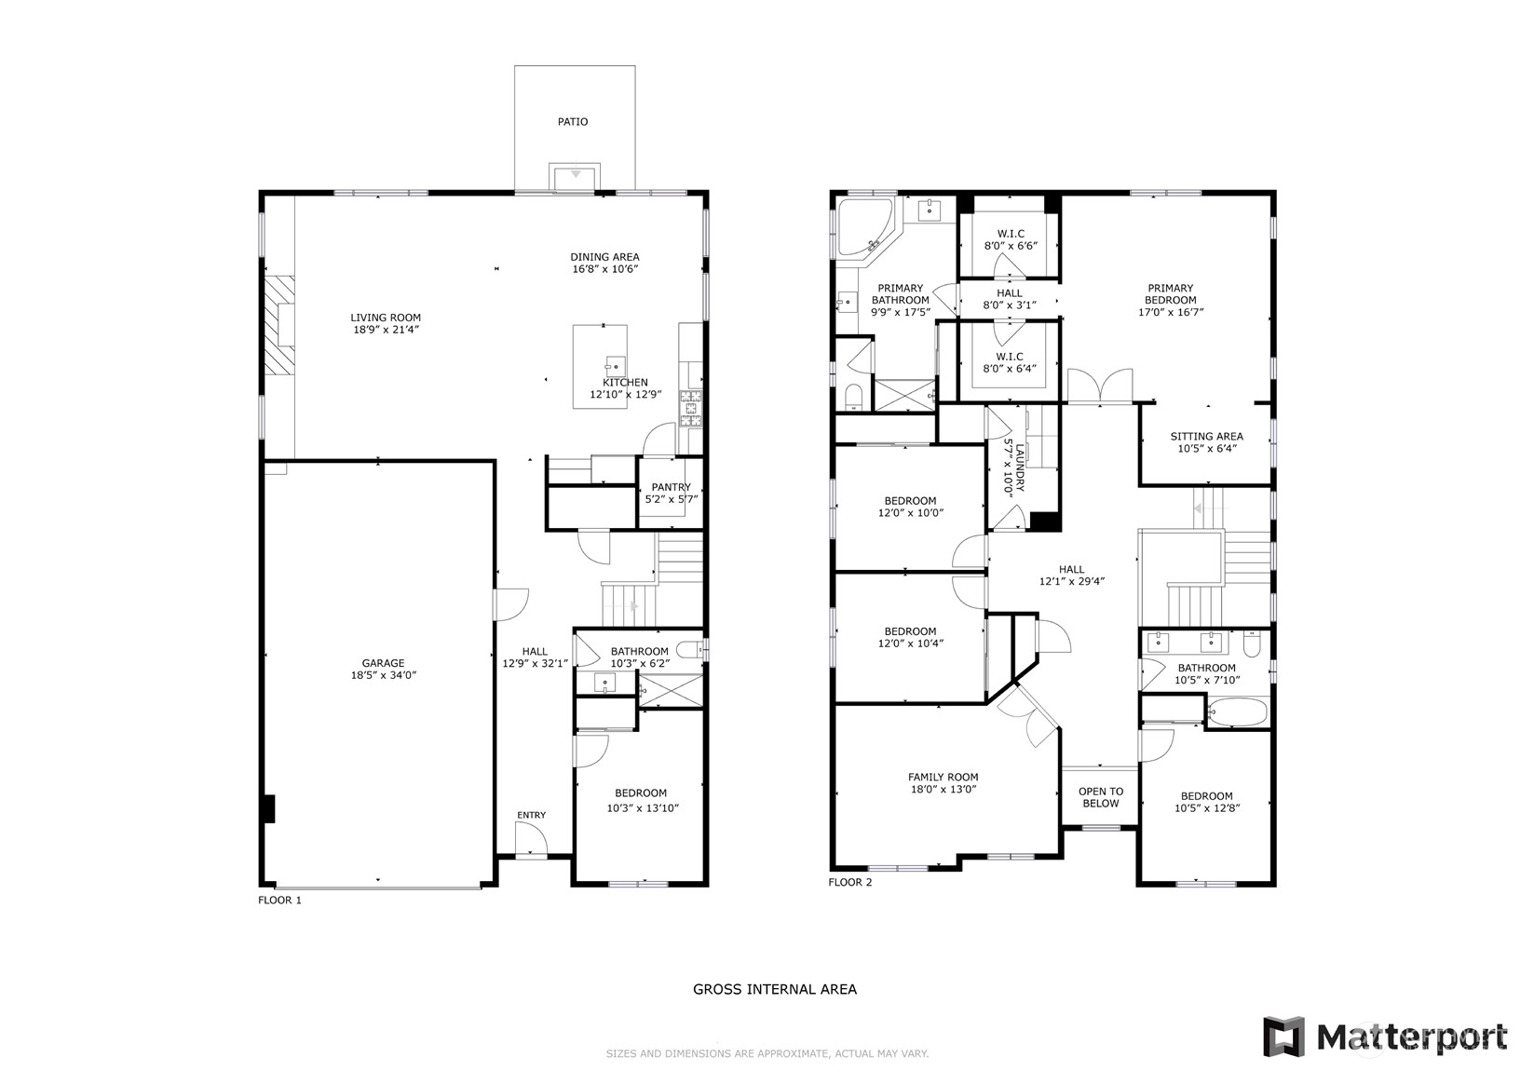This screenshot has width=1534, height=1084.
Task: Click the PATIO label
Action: (573, 122)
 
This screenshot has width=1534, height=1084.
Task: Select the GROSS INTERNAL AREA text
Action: (775, 989)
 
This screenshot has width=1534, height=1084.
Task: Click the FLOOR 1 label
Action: (279, 900)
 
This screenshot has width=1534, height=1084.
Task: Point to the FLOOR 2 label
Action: (849, 882)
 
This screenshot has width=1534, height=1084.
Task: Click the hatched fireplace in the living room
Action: (279, 325)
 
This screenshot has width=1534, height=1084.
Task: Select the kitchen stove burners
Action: (691, 409)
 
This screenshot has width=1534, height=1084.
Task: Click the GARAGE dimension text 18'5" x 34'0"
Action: (383, 675)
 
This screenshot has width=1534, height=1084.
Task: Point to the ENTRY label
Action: (532, 815)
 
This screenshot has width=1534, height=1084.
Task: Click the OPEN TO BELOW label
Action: (1101, 797)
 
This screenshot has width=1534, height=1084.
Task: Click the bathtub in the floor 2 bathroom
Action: (1238, 712)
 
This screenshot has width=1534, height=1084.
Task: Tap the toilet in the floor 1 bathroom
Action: (690, 648)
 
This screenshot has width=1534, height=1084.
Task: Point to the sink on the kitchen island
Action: (615, 366)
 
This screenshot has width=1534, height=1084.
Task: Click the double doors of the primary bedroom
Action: (1100, 386)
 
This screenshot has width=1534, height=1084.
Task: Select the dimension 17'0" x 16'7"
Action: (1171, 312)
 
